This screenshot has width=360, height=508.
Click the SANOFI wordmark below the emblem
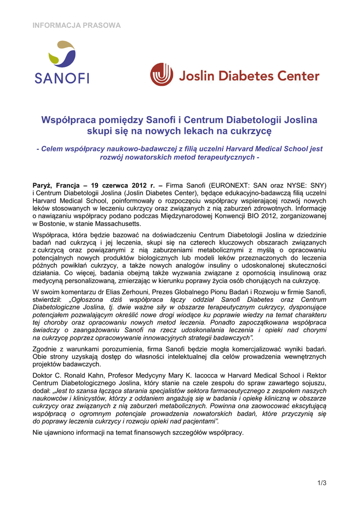pyautogui.click(x=62, y=78)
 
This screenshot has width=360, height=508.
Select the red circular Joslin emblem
pyautogui.click(x=162, y=74)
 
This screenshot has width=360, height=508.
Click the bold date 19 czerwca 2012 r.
pyautogui.click(x=123, y=185)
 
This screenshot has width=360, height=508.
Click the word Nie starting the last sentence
pyautogui.click(x=38, y=433)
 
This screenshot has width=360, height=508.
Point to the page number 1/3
pyautogui.click(x=321, y=483)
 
